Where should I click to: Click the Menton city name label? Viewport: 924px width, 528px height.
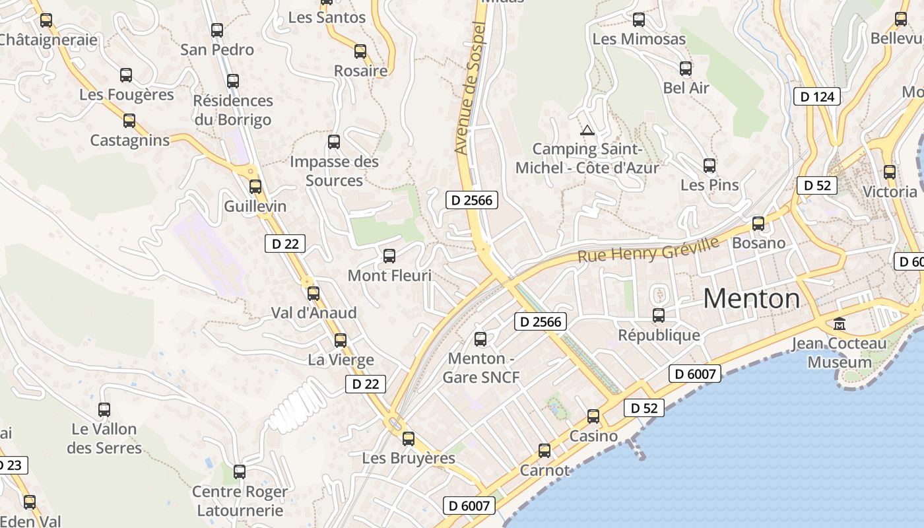point(751,299)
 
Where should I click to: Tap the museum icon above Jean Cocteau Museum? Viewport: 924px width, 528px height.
point(840,324)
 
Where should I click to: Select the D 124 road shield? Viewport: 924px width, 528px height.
point(818,97)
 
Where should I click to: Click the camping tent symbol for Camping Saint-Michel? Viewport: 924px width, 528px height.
point(587,130)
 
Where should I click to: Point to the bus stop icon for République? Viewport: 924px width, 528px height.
point(659,315)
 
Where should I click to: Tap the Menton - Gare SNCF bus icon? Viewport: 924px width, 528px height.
point(480,339)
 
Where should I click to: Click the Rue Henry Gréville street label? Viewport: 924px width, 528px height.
point(648,250)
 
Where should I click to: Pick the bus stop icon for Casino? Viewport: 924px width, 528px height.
point(593,416)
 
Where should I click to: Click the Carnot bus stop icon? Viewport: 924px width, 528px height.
point(544,451)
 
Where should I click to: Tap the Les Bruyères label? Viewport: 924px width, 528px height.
point(409,458)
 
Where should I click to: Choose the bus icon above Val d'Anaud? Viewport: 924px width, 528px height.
point(313,293)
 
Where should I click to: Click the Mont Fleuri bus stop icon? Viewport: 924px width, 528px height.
point(389,256)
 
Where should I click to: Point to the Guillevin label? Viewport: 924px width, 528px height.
point(255,206)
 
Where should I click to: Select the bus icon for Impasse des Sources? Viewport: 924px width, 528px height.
point(334,142)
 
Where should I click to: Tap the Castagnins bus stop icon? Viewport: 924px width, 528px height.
point(129,121)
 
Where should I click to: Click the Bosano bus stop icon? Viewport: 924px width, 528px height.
point(758,224)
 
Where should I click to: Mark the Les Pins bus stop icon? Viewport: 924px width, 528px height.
point(709,166)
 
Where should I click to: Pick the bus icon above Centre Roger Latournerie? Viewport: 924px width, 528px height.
point(240,472)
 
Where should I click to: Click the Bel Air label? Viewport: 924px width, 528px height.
point(686,88)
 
